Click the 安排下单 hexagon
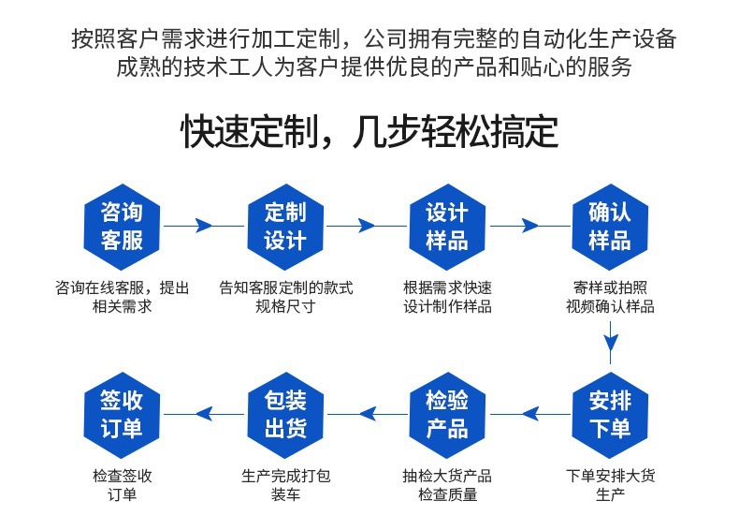point(610,414)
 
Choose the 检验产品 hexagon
point(447,414)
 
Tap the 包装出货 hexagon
point(285,414)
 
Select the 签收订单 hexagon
point(122,414)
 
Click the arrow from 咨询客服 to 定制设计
point(203,226)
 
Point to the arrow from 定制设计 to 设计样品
point(366,226)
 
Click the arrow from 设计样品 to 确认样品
point(529,226)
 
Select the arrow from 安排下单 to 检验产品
point(529,413)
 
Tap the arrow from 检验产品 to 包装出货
point(366,413)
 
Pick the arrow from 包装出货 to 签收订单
point(203,413)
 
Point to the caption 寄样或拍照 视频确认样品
point(610,297)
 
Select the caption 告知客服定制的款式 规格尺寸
point(285,297)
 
